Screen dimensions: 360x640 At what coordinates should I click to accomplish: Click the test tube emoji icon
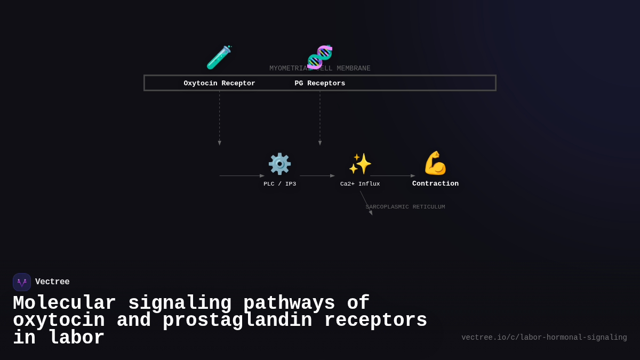pos(219,57)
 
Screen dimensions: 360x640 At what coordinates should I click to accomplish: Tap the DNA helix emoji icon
pos(320,57)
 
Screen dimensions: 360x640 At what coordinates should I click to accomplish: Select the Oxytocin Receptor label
pos(219,83)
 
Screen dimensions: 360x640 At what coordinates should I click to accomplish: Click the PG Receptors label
pos(320,83)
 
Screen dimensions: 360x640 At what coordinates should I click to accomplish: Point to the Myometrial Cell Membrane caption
pos(320,68)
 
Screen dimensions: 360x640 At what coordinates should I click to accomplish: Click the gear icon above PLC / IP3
pos(279,164)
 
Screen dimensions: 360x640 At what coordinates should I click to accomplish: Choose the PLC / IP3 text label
pos(279,184)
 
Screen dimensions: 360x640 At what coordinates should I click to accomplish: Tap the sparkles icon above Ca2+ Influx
pos(360,164)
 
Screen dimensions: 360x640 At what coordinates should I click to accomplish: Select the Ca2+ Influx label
pos(360,184)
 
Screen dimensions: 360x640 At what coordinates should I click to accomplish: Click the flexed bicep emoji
pos(435,163)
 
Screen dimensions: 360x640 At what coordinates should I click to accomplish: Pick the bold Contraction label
pos(435,184)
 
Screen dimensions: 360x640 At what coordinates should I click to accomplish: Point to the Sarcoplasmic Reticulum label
pos(405,207)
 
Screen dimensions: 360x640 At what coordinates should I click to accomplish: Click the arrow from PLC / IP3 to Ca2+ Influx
pos(317,175)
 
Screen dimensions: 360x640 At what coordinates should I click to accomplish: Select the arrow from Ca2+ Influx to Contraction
pos(393,175)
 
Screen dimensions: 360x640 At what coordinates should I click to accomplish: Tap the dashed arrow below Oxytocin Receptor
pos(219,117)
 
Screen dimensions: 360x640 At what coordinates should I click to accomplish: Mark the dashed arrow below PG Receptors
pos(320,117)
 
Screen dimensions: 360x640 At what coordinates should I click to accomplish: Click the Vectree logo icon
pos(22,282)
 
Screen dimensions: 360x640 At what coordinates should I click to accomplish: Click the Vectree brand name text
pos(52,282)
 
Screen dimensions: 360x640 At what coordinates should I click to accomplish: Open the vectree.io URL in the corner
pos(544,338)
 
